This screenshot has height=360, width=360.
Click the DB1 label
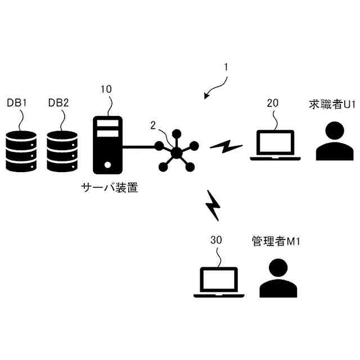pyautogui.click(x=17, y=103)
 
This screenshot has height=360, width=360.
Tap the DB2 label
pyautogui.click(x=58, y=103)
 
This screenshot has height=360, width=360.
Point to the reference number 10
pyautogui.click(x=106, y=89)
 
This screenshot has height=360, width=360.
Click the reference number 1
pyautogui.click(x=226, y=67)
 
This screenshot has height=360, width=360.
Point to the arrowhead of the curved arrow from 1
pyautogui.click(x=206, y=96)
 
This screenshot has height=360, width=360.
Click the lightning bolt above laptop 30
pyautogui.click(x=214, y=205)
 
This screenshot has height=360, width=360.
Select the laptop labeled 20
pyautogui.click(x=275, y=146)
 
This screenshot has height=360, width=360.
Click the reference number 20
pyautogui.click(x=272, y=103)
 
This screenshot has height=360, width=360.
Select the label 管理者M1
pyautogui.click(x=276, y=241)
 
